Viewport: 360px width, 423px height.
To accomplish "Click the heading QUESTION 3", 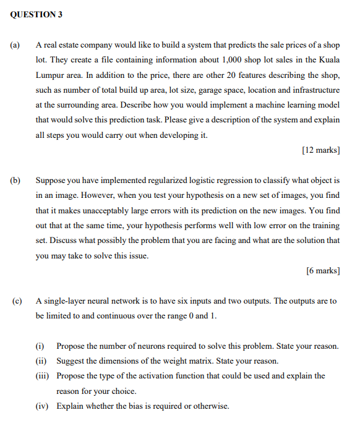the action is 36,14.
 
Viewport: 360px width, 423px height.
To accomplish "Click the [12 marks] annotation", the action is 321,150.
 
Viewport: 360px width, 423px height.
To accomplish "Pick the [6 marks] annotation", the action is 324,270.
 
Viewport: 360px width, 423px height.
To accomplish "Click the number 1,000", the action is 231,60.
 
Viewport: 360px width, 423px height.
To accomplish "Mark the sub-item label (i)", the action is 40,346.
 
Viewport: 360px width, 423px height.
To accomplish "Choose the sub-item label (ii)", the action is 41,361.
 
